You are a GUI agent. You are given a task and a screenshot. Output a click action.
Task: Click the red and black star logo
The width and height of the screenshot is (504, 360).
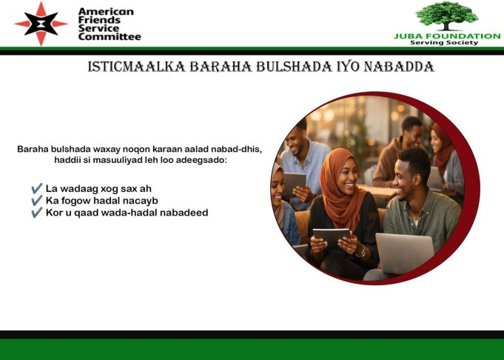(41, 24)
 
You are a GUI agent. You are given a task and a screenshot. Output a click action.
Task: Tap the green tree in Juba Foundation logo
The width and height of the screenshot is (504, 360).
(446, 15)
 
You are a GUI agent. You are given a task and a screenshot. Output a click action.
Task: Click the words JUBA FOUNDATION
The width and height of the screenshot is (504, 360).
(446, 36)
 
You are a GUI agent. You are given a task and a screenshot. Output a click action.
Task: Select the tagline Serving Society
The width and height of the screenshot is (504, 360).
(446, 43)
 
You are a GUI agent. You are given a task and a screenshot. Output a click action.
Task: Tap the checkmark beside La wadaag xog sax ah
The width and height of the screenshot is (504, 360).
(36, 189)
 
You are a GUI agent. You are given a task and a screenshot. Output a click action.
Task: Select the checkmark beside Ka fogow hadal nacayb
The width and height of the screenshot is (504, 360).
(36, 201)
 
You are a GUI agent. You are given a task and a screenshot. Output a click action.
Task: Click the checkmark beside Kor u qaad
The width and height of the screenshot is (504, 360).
(36, 213)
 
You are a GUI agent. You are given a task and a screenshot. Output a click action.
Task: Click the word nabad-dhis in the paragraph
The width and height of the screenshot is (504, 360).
(236, 149)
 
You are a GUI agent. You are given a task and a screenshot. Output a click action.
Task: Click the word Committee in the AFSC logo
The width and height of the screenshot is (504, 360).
(110, 36)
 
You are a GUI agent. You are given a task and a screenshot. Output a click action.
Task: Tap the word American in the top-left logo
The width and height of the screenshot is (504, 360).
(106, 11)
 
